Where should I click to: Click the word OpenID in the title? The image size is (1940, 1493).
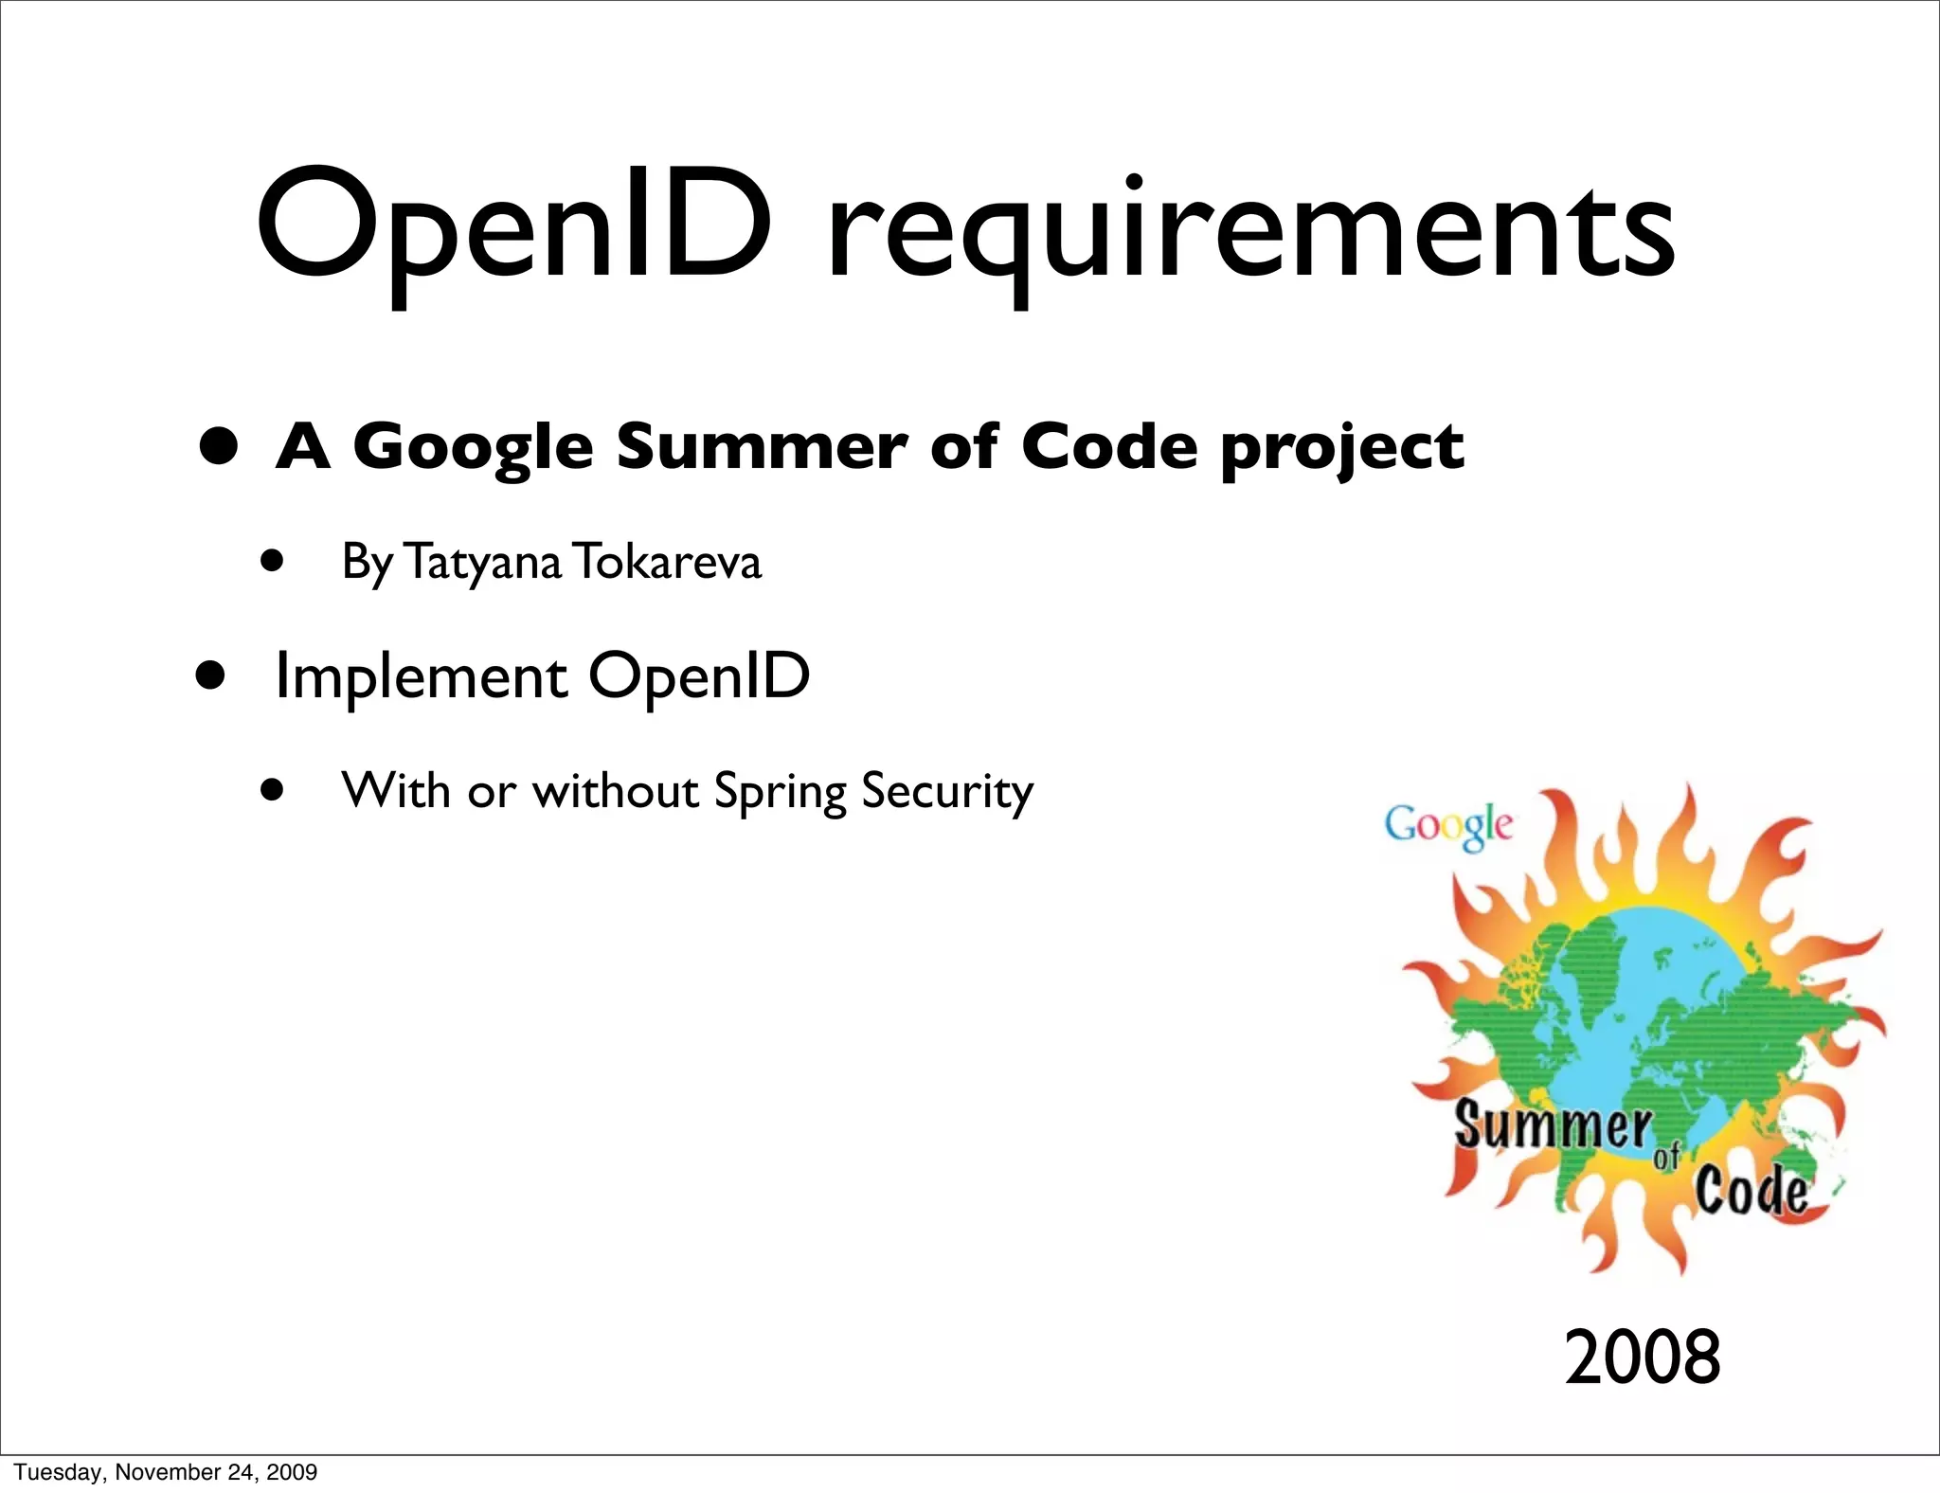click(513, 227)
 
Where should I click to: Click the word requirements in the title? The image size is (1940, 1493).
click(1250, 232)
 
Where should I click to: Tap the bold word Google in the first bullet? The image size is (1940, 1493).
click(473, 447)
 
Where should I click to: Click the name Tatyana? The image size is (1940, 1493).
click(483, 562)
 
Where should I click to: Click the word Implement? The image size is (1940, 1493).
click(421, 677)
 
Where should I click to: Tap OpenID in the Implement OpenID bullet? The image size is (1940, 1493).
click(699, 676)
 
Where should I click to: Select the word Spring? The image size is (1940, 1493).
click(780, 792)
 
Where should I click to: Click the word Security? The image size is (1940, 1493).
click(947, 792)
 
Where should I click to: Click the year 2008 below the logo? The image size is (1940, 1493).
click(1642, 1357)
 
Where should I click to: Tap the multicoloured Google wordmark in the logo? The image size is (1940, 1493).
click(1448, 825)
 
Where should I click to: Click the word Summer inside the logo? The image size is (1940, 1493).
click(1552, 1125)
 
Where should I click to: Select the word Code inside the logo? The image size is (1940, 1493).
click(1751, 1190)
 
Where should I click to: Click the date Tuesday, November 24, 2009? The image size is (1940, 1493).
click(166, 1472)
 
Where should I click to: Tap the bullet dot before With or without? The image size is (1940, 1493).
click(273, 790)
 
